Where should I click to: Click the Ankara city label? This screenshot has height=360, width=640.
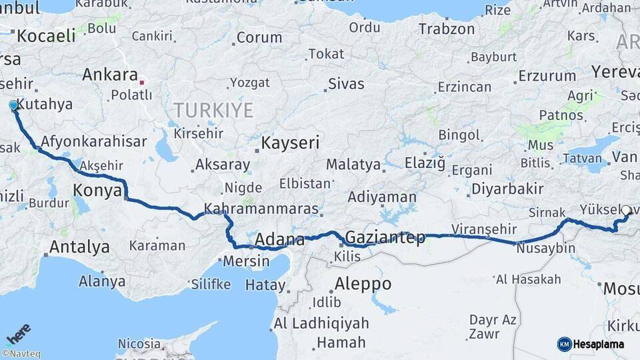coord(110,75)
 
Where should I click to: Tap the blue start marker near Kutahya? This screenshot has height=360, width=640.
coord(13,105)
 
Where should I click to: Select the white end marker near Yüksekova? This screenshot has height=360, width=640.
coord(626,211)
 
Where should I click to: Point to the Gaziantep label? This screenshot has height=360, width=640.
coord(385,238)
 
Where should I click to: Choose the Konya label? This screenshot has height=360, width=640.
coord(97,189)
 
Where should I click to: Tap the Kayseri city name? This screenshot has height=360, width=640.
coord(290,142)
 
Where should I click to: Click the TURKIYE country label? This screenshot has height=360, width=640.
coord(213,109)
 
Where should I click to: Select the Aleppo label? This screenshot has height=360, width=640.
coord(363,283)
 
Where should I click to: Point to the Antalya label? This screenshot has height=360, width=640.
coord(79,247)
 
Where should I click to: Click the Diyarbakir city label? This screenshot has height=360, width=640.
coord(507,189)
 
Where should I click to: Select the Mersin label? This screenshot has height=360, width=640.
coord(246,261)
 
